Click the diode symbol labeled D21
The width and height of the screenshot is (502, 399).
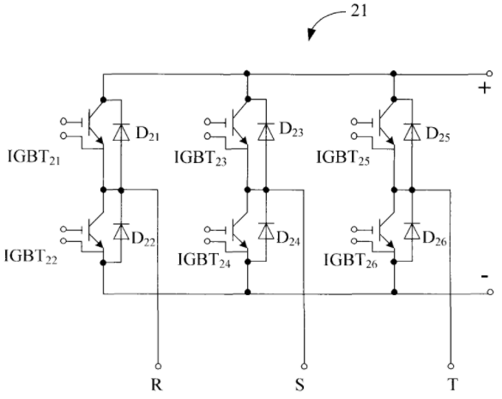[x=121, y=132]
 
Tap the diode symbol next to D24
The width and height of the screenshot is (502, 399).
[x=266, y=231]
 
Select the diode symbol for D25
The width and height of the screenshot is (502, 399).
[x=412, y=132]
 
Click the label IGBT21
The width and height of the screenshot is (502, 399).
[x=34, y=158]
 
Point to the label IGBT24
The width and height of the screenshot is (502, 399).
[x=204, y=260]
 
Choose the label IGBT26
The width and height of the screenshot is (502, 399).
[x=351, y=260]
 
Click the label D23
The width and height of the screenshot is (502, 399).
[x=292, y=130]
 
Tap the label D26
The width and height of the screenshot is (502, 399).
[x=434, y=239]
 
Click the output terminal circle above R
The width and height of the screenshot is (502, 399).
[x=158, y=366]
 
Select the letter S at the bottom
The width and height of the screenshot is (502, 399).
[x=299, y=385]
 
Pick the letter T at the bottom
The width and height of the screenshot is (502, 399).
[x=453, y=384]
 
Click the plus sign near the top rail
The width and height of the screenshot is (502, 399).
[x=485, y=88]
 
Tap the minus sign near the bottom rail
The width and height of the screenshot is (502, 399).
[x=485, y=276]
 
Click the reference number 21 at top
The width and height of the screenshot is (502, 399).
[x=360, y=11]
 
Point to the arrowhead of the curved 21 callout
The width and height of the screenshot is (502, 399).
[x=311, y=35]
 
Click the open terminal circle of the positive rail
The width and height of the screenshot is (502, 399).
[x=489, y=74]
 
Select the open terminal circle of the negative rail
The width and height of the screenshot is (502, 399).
[x=490, y=292]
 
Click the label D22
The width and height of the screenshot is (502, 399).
[x=143, y=239]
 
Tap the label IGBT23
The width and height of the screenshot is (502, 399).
[x=201, y=158]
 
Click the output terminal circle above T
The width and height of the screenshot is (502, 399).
[x=451, y=366]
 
